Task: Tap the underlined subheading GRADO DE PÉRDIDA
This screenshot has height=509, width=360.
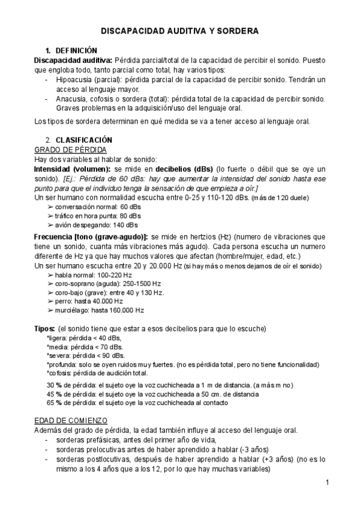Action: pos(71,149)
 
